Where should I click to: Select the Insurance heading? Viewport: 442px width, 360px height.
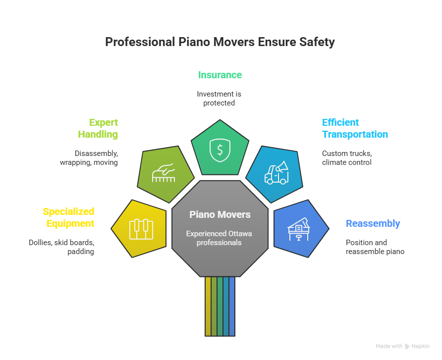coord(220,75)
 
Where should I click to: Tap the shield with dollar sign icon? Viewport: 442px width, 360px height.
coord(219,150)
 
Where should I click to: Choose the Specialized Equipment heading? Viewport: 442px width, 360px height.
coord(68,218)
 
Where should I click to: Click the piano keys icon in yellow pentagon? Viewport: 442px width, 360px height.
coord(141,229)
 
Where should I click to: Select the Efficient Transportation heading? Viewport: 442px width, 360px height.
coord(355,128)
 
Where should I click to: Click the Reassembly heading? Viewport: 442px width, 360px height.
coord(373,224)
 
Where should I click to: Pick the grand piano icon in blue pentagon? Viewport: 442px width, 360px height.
coord(299,228)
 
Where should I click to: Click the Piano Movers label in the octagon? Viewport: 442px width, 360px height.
coord(220,215)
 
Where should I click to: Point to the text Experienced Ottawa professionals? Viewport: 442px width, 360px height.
coord(220,238)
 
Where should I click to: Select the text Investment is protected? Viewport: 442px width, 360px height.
coord(219,99)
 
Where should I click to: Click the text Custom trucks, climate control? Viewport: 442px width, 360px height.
coord(347,158)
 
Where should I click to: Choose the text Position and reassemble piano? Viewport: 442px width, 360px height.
coord(375,247)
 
